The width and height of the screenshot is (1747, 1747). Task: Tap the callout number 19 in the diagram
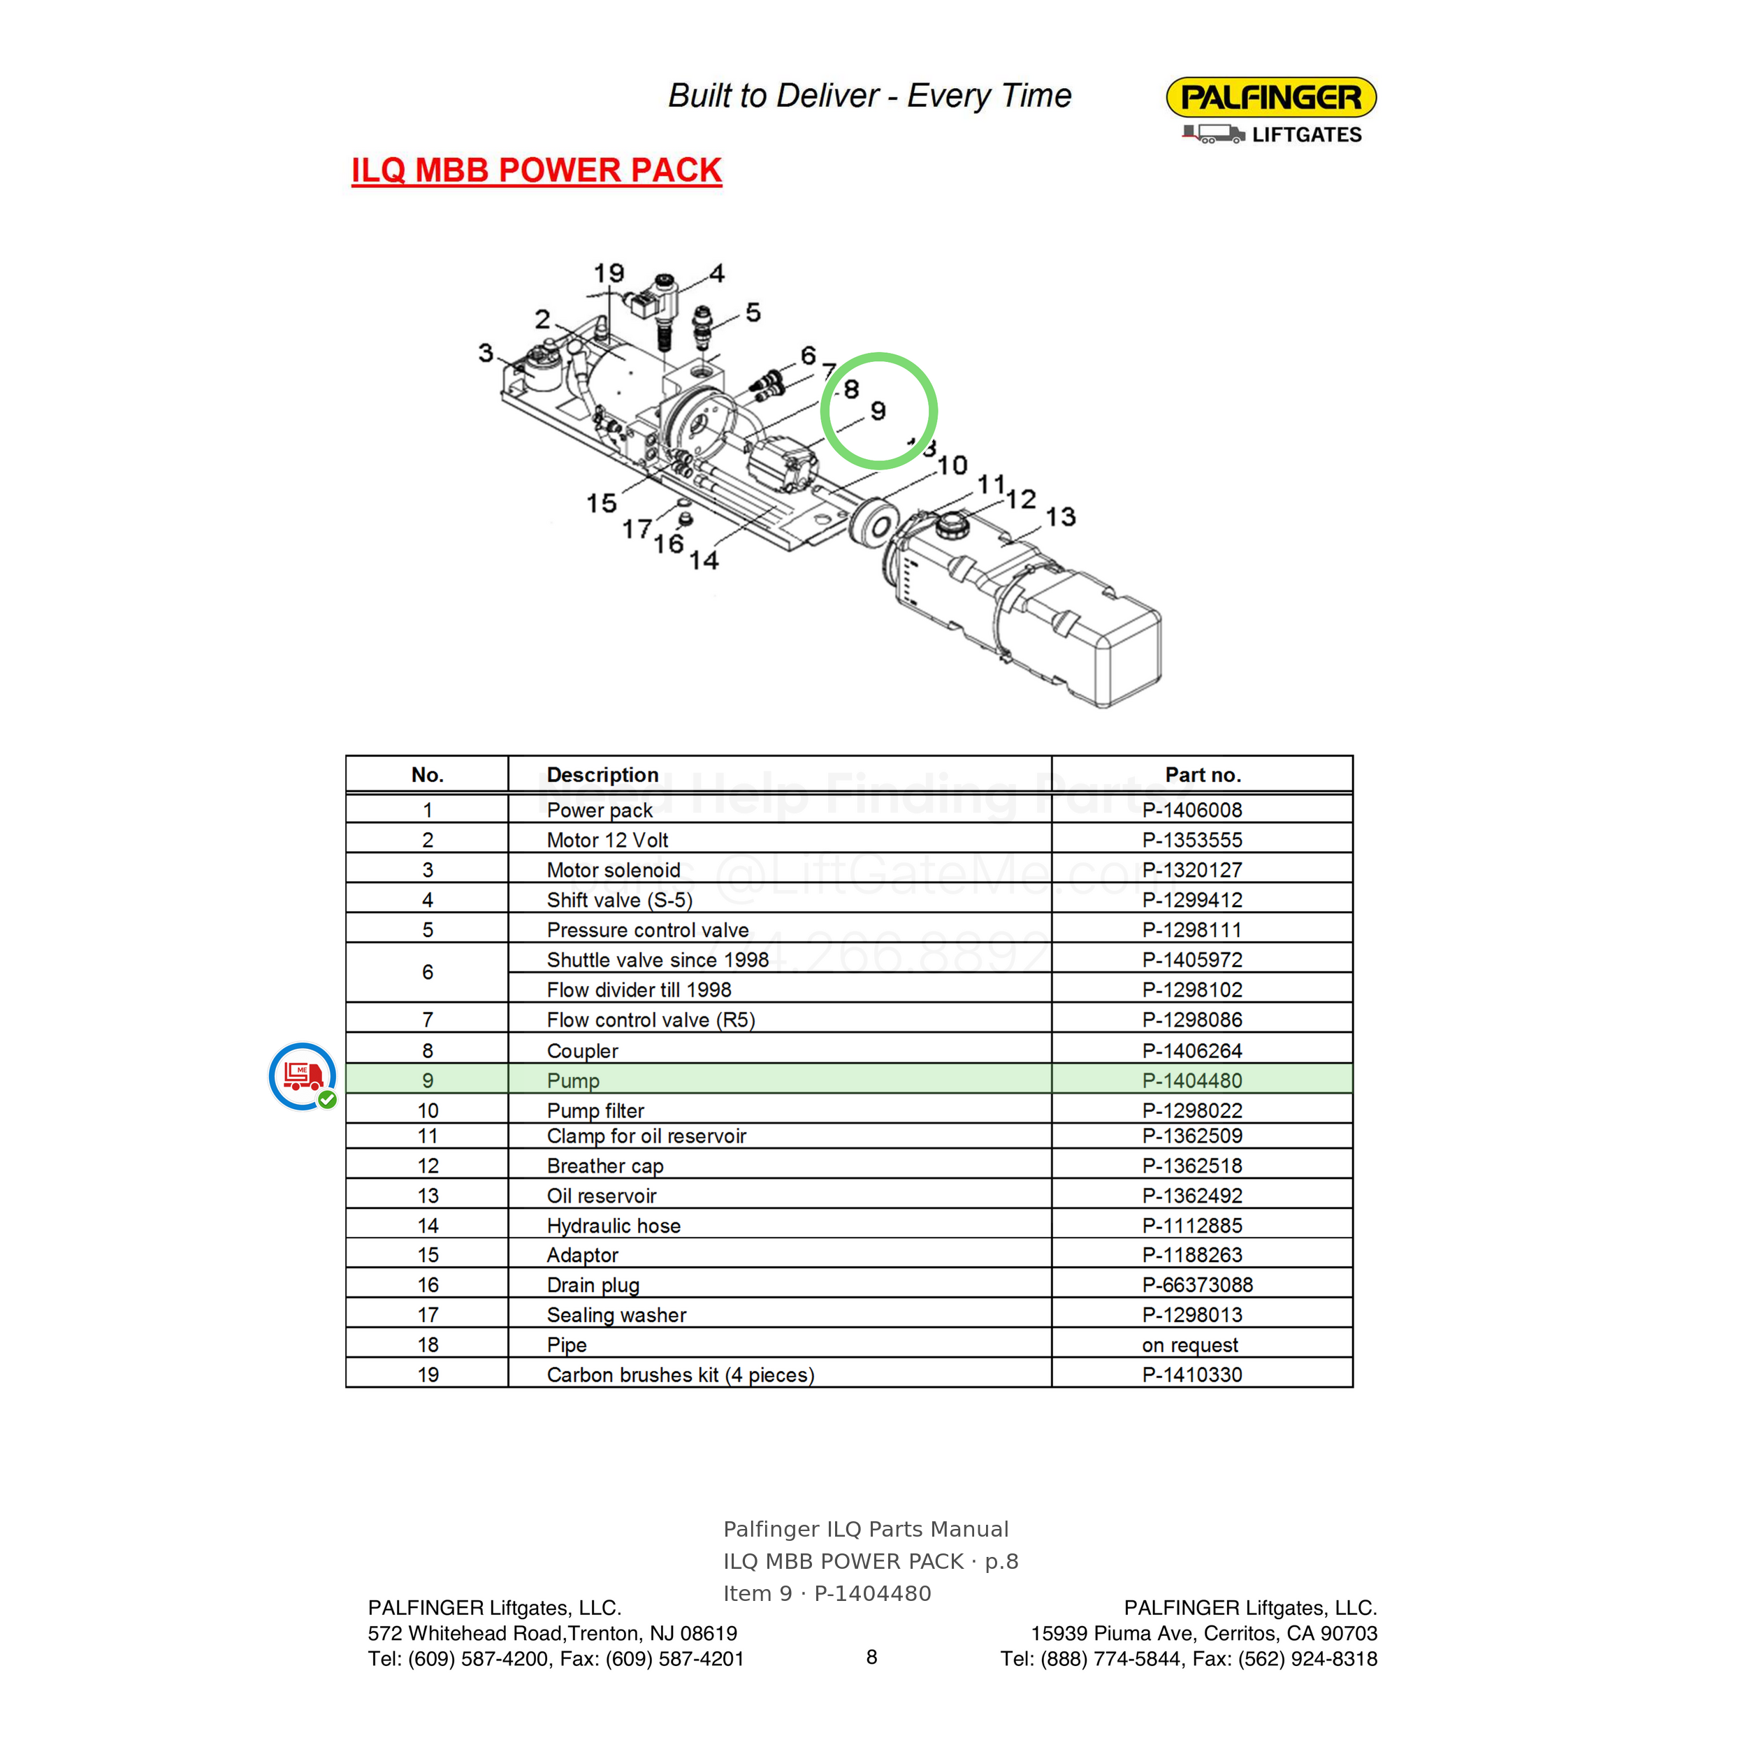(609, 273)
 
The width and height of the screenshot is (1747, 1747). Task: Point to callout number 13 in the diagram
(1061, 516)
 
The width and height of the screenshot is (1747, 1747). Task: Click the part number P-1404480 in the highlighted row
(1191, 1080)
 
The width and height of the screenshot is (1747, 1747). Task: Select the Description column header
(602, 775)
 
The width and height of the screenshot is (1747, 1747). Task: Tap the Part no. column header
(1203, 775)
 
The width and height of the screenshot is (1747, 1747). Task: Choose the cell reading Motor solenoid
(613, 870)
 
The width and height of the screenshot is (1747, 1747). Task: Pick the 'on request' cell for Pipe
(1190, 1344)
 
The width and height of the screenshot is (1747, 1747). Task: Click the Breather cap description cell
(605, 1166)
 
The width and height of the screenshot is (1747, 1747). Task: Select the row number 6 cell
(428, 972)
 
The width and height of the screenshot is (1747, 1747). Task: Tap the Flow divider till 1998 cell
(639, 990)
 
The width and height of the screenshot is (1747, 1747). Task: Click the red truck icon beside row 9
(303, 1076)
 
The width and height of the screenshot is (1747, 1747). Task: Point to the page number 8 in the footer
(871, 1657)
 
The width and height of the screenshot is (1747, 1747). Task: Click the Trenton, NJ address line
(553, 1633)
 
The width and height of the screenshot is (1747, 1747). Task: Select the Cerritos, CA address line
(1203, 1633)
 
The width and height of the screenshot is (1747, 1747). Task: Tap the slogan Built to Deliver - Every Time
(870, 95)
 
